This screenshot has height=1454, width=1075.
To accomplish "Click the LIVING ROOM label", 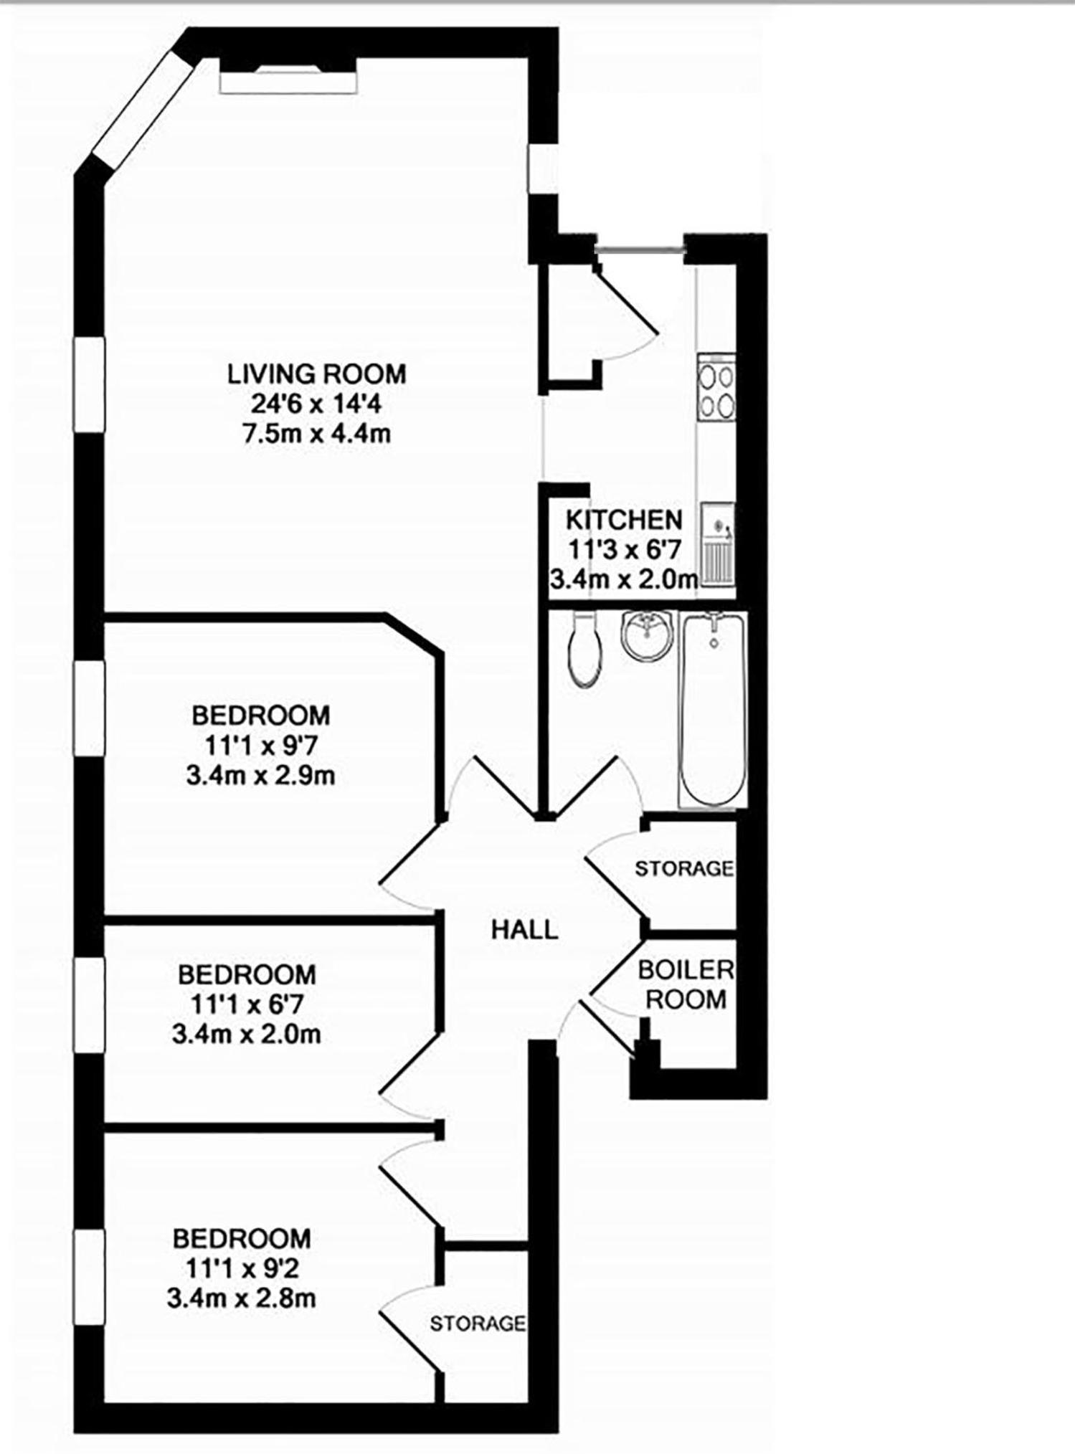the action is tap(316, 374).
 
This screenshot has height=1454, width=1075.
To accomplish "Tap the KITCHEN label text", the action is tap(624, 519).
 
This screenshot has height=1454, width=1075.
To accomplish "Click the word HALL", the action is tap(524, 930).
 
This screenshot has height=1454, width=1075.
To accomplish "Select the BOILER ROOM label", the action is tap(686, 984).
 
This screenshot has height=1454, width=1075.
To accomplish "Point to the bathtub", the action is tap(714, 710).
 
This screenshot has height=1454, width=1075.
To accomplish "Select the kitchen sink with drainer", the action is tap(717, 543).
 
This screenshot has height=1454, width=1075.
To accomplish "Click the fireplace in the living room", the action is tap(288, 75).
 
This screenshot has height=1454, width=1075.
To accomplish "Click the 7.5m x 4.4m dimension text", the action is tap(316, 434).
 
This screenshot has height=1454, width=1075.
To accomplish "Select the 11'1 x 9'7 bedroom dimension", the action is tap(261, 746).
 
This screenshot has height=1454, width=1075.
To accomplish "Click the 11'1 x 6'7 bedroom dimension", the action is tap(247, 1004).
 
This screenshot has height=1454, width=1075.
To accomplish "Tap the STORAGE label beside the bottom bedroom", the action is tap(478, 1324).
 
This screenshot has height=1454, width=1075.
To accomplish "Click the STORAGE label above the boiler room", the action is tap(684, 868).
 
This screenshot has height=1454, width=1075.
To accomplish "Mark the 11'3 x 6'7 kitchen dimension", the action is tap(624, 549).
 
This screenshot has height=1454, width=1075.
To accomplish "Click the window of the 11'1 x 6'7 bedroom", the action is tap(90, 1005).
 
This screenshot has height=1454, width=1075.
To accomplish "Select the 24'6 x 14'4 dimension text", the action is tap(316, 404).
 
